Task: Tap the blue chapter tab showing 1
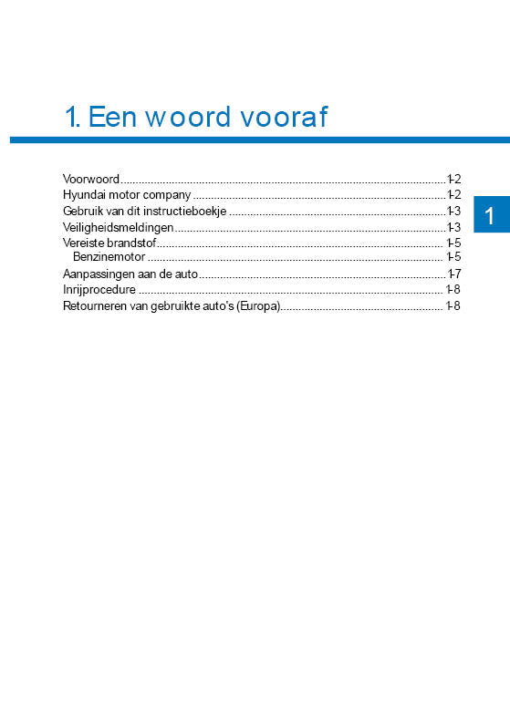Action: (x=490, y=216)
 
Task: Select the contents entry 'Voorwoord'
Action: (x=91, y=178)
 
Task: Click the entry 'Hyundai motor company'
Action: (x=126, y=194)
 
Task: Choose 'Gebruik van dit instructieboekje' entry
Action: (x=144, y=211)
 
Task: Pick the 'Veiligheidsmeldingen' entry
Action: (x=118, y=227)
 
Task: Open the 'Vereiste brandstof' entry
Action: (x=109, y=243)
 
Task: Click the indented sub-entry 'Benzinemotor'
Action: (x=109, y=257)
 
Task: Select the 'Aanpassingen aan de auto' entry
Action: (x=130, y=274)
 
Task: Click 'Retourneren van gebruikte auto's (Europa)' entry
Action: (x=171, y=305)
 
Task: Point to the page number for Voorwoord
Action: (x=453, y=178)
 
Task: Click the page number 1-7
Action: (x=453, y=274)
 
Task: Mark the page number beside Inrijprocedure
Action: (x=453, y=289)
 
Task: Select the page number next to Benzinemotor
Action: (x=453, y=257)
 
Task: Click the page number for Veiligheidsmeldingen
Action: (x=453, y=227)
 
